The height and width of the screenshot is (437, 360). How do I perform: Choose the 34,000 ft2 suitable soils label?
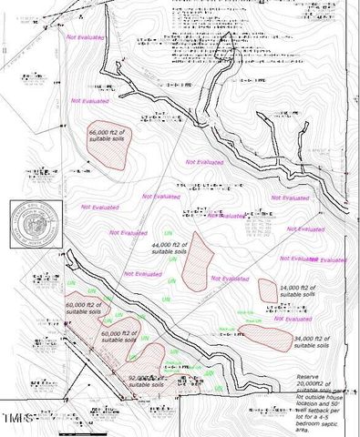pos(314,341)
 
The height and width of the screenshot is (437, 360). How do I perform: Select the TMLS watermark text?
pos(20,418)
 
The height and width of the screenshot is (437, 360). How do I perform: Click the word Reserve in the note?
pos(309,377)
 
